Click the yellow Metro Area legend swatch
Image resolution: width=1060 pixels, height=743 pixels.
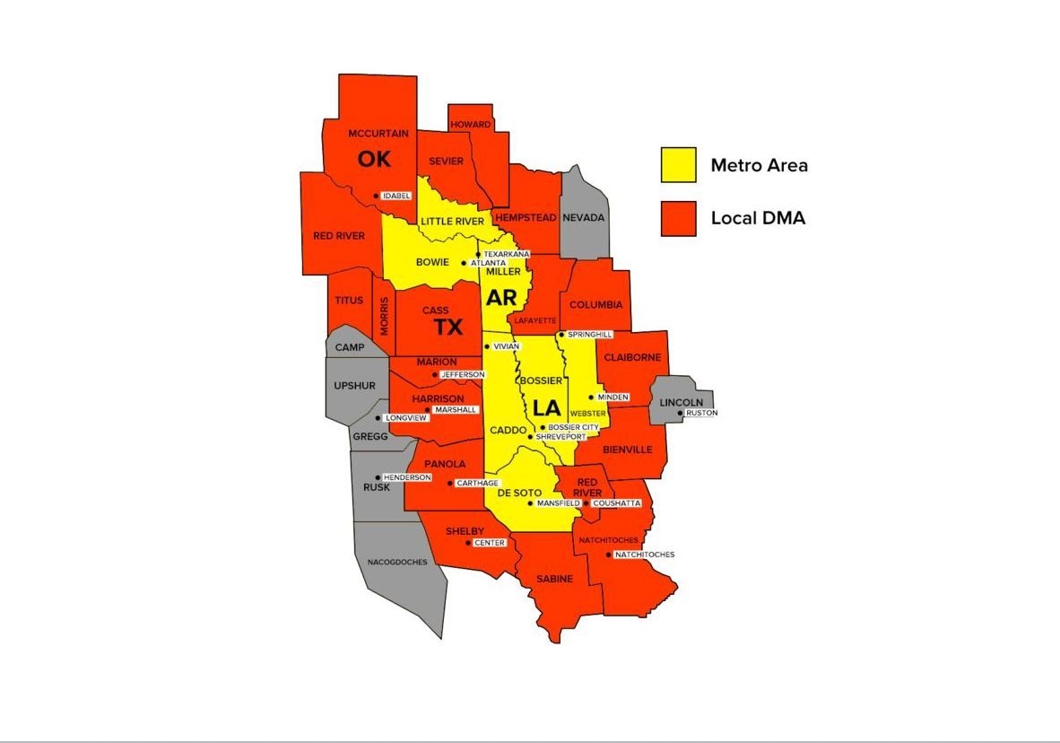[678, 165]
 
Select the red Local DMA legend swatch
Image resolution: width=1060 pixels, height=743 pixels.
[678, 218]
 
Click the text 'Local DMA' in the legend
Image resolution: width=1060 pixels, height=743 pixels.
[758, 218]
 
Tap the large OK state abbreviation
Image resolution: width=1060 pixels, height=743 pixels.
[375, 159]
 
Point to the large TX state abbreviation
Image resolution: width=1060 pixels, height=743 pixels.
[448, 327]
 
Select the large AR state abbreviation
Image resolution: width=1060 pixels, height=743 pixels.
[501, 298]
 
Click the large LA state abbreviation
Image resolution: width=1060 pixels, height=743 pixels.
[546, 408]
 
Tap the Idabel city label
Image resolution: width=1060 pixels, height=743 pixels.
[395, 196]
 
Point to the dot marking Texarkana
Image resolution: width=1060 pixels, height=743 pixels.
[477, 254]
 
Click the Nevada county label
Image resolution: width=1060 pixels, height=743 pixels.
[584, 217]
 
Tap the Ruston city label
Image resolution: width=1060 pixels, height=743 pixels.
[701, 413]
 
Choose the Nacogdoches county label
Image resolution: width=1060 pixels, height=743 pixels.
[397, 562]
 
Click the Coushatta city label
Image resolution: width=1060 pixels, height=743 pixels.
[617, 503]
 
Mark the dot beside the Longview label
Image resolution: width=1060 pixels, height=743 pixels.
[378, 418]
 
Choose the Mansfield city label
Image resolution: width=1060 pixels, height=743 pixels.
[558, 503]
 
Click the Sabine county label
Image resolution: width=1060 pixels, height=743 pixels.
[555, 579]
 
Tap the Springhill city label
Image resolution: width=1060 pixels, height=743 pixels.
[589, 335]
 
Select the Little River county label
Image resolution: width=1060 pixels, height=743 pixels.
[452, 221]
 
